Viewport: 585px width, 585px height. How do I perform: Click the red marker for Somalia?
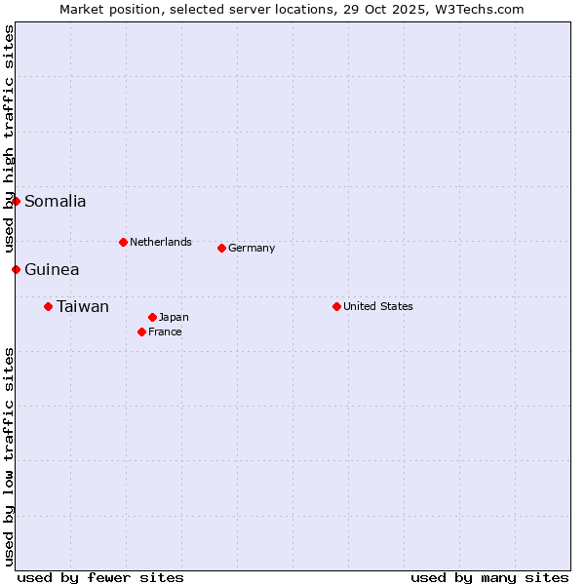16,201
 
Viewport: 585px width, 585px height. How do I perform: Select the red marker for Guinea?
16,269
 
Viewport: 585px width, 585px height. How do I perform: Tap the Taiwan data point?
48,306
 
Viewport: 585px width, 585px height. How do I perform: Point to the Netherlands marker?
123,242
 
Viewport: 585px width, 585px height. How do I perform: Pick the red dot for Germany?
221,248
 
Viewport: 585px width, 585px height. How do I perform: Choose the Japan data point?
152,317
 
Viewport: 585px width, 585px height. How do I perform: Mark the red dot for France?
141,331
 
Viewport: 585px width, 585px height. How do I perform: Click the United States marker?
336,306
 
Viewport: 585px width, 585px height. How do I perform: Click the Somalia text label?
55,202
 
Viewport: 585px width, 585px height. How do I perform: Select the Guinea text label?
52,270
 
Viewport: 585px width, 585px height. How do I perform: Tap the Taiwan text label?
83,307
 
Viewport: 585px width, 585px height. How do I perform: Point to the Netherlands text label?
161,242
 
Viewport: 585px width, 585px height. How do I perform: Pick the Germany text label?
252,248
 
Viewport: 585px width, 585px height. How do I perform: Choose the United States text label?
378,306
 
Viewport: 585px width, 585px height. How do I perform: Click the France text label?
165,331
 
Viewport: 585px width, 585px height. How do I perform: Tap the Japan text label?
174,317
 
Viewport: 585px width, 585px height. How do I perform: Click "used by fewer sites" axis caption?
100,577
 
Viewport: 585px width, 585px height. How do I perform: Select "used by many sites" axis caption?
489,577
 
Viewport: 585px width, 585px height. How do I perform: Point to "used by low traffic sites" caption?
10,456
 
